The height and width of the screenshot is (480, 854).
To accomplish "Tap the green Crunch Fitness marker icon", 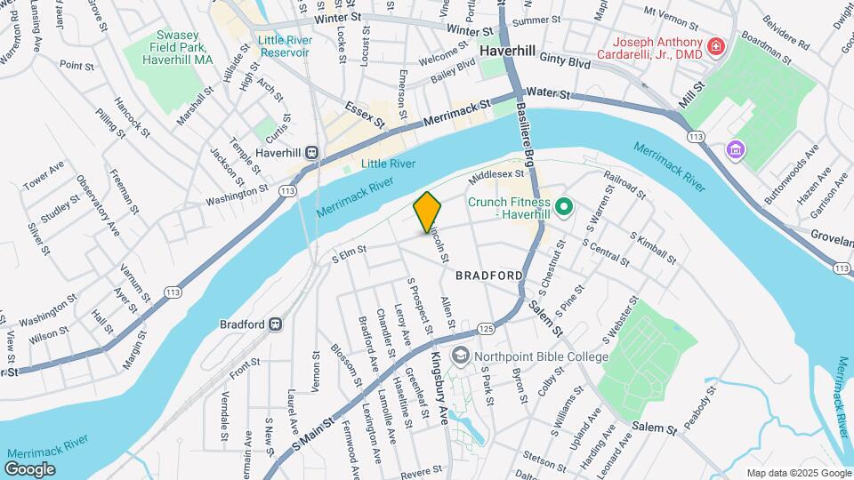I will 563,209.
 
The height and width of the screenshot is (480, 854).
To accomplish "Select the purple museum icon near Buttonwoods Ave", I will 735,148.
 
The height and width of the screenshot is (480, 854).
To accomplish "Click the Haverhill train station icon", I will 312,152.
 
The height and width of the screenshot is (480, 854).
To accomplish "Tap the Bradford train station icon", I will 276,324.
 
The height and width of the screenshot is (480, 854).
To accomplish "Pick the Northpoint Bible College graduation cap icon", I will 460,356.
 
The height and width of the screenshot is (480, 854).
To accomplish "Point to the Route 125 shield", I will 485,329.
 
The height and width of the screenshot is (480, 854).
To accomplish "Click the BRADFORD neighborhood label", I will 488,276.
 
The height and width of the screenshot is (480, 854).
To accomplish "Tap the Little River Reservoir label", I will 284,46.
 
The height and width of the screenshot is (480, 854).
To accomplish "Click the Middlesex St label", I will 497,175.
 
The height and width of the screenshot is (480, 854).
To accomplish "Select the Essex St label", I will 365,113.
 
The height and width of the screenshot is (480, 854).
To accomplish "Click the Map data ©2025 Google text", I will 797,473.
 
